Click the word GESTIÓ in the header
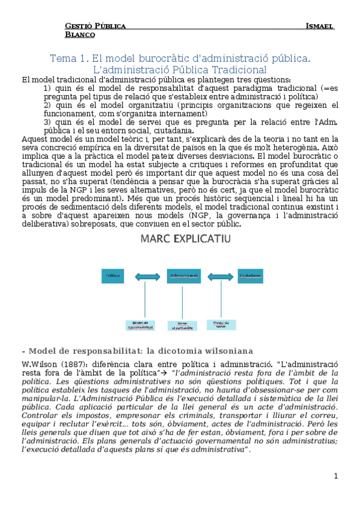[80, 26]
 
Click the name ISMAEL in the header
[320, 26]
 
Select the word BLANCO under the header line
[80, 35]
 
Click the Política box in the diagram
[112, 276]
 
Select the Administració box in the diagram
[184, 276]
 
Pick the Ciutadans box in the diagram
[251, 276]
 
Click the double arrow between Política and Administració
[148, 277]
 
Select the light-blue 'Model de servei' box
[221, 325]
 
